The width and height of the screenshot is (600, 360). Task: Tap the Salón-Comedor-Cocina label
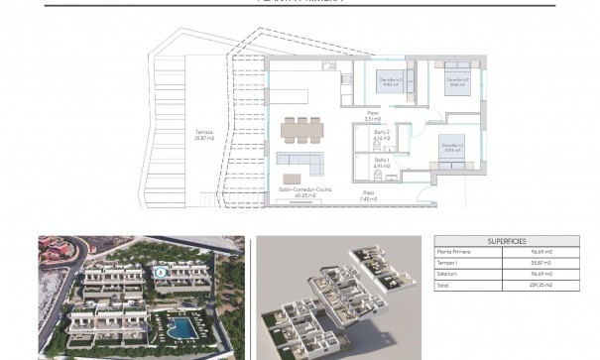tap(304, 191)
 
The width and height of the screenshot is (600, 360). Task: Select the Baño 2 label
tap(381, 134)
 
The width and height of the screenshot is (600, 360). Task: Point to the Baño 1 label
tap(381, 163)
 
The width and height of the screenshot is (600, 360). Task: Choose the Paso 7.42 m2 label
tap(367, 195)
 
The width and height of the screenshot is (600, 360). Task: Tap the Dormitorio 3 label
tap(392, 81)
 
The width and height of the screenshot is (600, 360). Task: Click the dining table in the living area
tap(301, 129)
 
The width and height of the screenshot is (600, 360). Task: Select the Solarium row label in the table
tap(449, 275)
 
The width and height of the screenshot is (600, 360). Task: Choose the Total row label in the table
tap(443, 286)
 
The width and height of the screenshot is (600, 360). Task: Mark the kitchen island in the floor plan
tap(297, 98)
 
